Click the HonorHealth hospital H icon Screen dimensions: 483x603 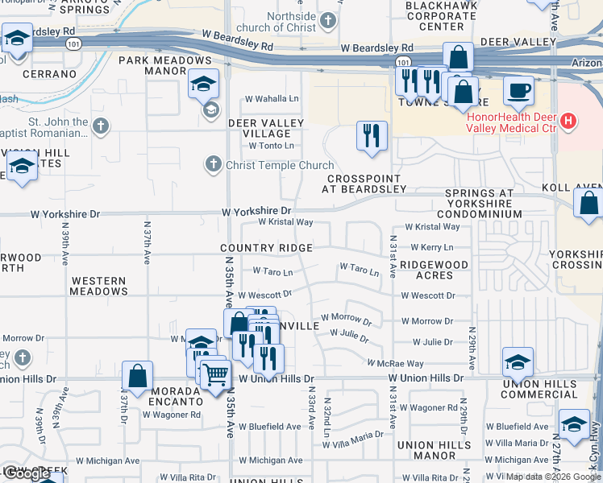[x=569, y=122]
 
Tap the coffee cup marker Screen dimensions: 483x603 [x=518, y=89]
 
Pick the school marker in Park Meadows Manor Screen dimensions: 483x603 [x=203, y=83]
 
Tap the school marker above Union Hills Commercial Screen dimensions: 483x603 [x=518, y=361]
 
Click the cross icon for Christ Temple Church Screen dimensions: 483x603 [x=213, y=165]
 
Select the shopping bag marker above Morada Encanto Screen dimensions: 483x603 [x=138, y=375]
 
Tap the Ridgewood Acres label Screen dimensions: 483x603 [x=434, y=270]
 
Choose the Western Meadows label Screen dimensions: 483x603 [x=98, y=286]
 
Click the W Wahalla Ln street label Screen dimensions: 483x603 [x=272, y=99]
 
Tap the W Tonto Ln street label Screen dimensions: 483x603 [x=271, y=146]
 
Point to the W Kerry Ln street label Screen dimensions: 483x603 [x=431, y=248]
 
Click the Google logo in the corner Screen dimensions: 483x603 [x=27, y=473]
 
